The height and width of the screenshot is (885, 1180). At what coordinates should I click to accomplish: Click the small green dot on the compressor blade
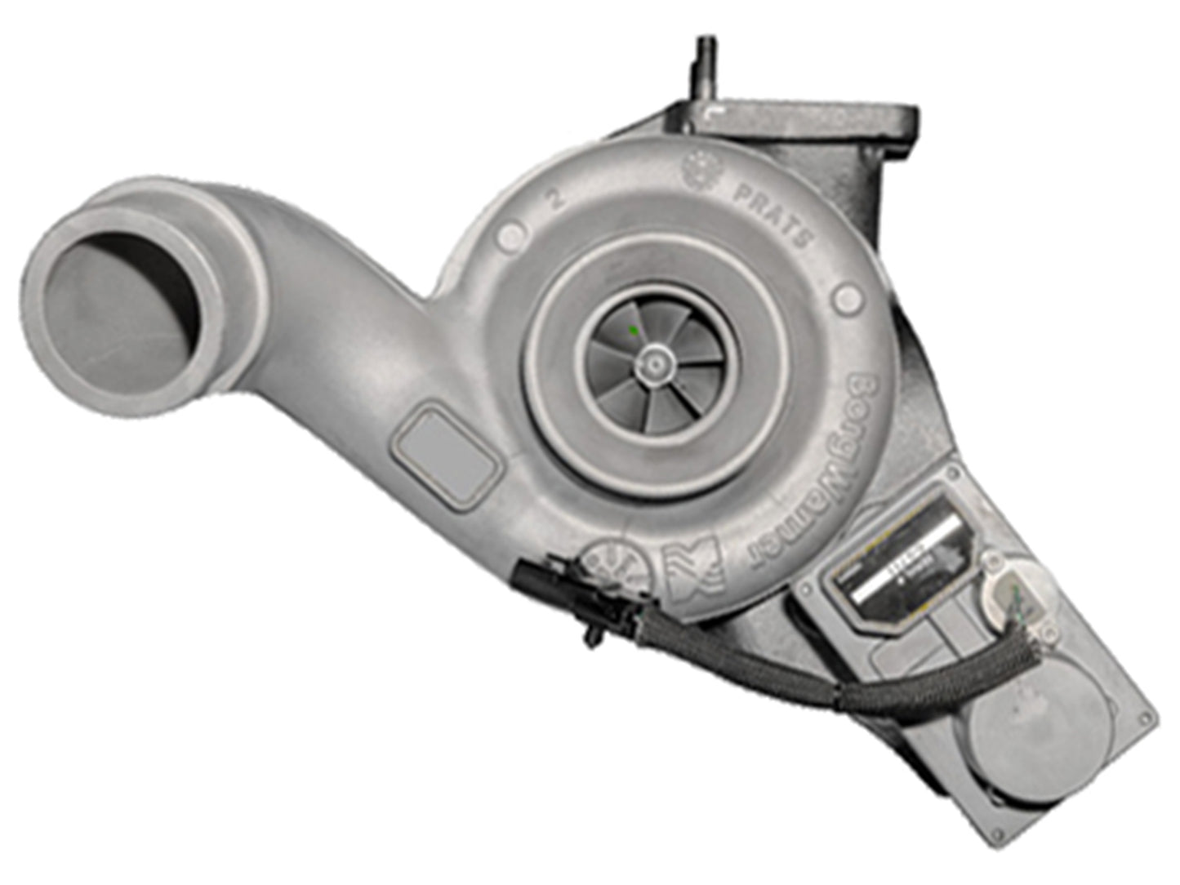point(634,331)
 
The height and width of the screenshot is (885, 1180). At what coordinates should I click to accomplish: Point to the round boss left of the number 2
point(508,235)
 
